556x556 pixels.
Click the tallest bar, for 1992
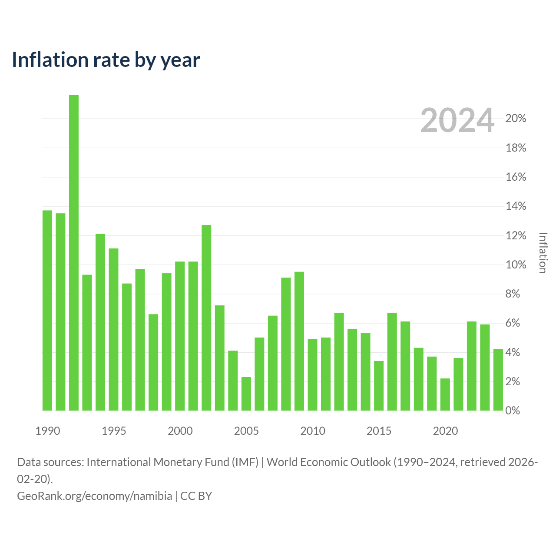click(73, 252)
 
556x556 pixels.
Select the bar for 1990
click(47, 310)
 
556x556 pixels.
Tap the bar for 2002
click(206, 318)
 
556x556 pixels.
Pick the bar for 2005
click(246, 394)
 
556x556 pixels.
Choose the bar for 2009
click(299, 341)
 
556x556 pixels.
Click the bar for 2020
click(445, 394)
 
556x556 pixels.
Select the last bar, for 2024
click(498, 380)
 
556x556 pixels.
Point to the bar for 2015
click(379, 385)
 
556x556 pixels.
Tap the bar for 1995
click(113, 329)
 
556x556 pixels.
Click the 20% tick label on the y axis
click(516, 118)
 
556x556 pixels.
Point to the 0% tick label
click(513, 410)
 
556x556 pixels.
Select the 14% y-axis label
click(516, 206)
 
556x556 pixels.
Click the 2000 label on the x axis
click(180, 431)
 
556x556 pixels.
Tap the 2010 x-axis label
click(313, 431)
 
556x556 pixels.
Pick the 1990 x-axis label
click(48, 431)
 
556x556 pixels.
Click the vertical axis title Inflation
click(543, 252)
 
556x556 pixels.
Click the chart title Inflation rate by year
click(106, 60)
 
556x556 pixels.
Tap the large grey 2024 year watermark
click(457, 120)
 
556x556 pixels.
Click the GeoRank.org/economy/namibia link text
click(95, 496)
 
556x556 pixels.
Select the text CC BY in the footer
click(196, 496)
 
